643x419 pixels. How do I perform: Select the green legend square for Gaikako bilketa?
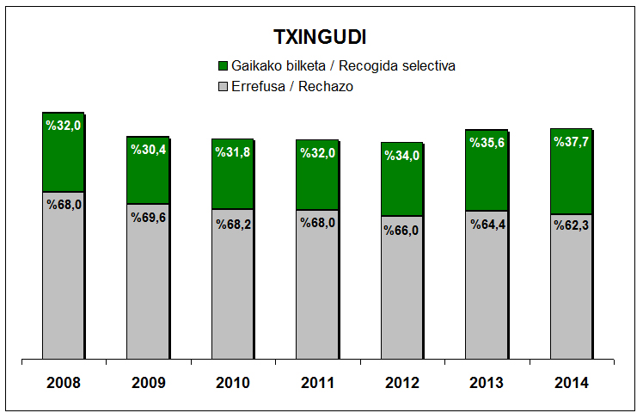pos(224,65)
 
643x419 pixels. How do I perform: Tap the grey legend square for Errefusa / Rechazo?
pos(224,86)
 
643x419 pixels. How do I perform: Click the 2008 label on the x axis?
pos(64,383)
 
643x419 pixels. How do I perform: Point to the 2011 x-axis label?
pos(317,383)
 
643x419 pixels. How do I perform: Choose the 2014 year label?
pos(572,383)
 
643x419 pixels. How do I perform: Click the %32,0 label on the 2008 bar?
pos(64,126)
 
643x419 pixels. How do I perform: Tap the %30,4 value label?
pos(148,149)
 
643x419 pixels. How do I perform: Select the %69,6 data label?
pos(148,217)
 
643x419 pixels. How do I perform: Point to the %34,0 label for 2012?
pos(402,156)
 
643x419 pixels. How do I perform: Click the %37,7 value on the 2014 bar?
pos(572,142)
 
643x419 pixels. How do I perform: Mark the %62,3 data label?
pos(572,227)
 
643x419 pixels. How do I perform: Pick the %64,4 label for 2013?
pos(487,225)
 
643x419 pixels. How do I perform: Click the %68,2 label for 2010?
pos(233,223)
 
